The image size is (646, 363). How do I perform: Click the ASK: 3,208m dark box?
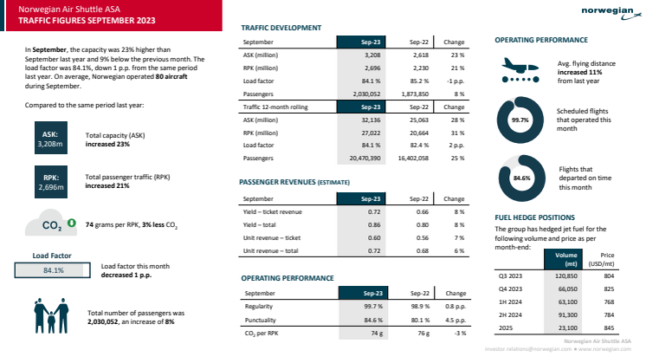[50, 139]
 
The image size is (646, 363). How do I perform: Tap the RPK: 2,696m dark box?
[50, 180]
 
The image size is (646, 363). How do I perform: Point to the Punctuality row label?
[261, 319]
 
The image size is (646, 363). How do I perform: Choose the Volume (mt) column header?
[565, 259]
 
